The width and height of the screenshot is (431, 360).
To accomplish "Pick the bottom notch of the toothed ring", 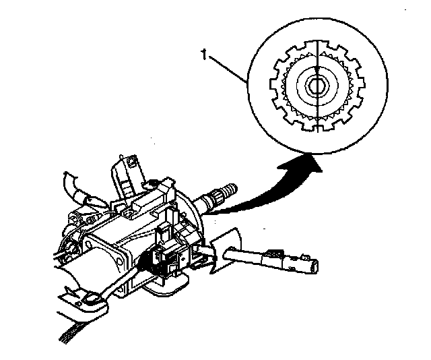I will pos(315,129).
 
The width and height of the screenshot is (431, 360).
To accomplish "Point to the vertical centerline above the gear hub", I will pos(315,54).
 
